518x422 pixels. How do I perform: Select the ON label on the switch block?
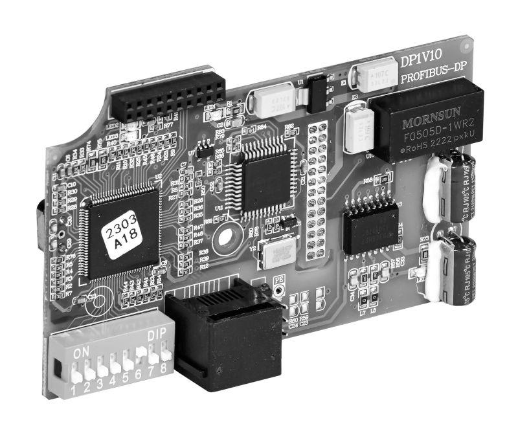click(x=82, y=353)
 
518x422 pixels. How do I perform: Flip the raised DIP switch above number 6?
click(x=140, y=352)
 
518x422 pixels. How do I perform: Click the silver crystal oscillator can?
click(x=275, y=252)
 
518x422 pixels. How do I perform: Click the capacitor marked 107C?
click(x=372, y=78)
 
